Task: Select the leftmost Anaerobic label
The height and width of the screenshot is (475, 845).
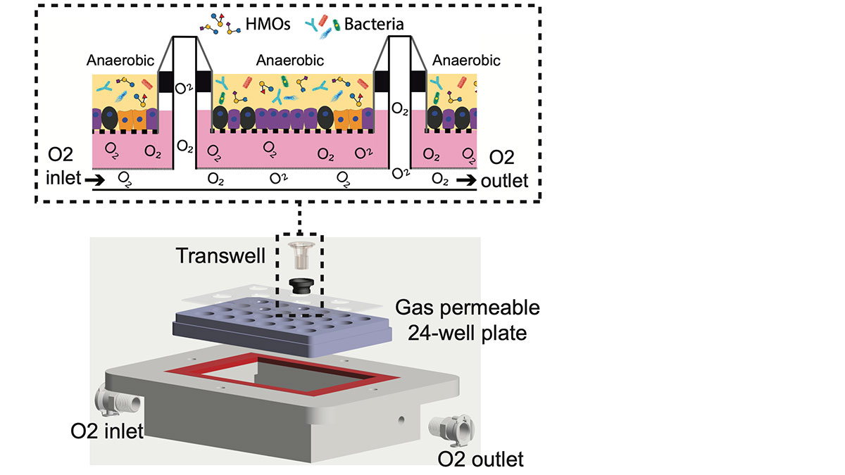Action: [x=120, y=61]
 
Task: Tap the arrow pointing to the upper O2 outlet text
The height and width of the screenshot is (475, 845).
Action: [x=465, y=181]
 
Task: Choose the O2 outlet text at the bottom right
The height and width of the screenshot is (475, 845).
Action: [x=481, y=460]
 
